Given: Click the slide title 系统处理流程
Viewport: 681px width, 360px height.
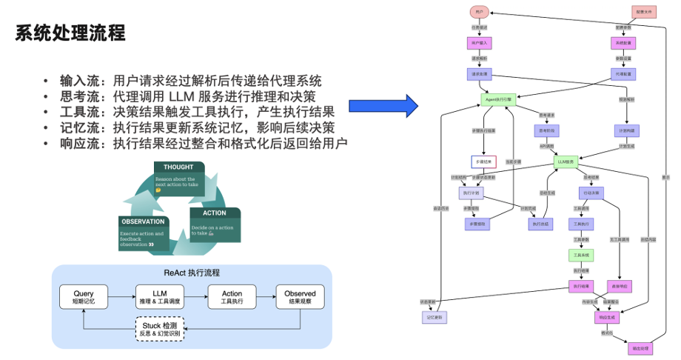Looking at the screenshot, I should coord(71,33).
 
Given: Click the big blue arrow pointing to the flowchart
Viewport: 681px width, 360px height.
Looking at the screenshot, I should coord(380,105).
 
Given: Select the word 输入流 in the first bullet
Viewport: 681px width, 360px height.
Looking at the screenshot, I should coord(78,81).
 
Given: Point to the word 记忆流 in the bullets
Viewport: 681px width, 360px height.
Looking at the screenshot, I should coord(78,127).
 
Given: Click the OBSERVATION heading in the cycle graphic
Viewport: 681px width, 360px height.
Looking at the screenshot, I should coord(144,221).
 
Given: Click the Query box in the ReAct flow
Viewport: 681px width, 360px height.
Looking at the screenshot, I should coord(84,297).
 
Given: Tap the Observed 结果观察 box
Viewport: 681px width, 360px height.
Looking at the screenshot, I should coord(299,297).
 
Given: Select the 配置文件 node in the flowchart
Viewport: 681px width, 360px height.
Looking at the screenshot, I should coord(641,12).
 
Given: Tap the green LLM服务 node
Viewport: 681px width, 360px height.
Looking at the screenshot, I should coord(566,161).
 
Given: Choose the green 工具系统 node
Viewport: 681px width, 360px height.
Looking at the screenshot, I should coord(580,255).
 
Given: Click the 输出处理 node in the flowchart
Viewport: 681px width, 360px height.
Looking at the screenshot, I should coord(640,347).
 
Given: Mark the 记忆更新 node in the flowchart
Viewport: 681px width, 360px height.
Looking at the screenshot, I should coord(434,317).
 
